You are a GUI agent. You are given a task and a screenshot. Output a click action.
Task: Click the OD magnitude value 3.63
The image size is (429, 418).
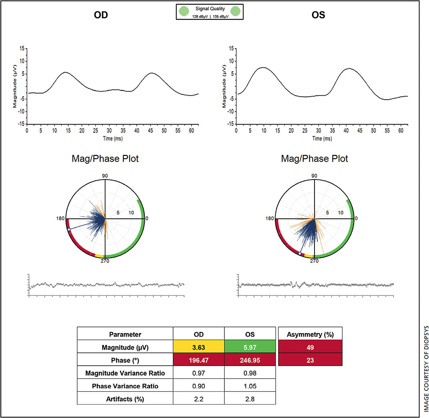[x=198, y=347]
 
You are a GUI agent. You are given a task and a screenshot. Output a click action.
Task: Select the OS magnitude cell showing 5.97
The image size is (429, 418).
[x=250, y=347]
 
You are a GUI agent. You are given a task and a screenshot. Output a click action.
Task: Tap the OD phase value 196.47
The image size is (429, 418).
[x=198, y=361]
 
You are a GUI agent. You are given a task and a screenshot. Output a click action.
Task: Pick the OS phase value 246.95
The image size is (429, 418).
[x=250, y=361]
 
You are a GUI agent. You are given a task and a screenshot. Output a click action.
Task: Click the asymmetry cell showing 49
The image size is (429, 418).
[x=310, y=347]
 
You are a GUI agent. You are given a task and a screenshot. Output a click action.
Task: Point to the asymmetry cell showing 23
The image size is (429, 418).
[x=310, y=361]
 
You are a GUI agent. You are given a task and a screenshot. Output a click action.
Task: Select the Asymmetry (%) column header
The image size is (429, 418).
[x=310, y=334]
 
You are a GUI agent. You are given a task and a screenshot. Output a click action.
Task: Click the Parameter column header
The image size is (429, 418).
[x=125, y=334]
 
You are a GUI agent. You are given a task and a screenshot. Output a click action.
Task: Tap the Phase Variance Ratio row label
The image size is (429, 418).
[x=125, y=386]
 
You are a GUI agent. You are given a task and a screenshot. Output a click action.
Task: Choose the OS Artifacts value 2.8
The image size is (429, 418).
[x=250, y=399]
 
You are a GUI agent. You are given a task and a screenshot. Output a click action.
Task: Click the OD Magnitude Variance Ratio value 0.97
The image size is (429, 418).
[x=198, y=373]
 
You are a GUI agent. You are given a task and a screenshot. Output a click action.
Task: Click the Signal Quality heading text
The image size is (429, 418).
[x=210, y=8]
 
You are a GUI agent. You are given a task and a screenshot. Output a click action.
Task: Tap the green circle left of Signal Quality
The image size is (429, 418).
[x=184, y=11]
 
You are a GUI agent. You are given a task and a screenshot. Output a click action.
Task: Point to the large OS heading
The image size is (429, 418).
[x=318, y=16]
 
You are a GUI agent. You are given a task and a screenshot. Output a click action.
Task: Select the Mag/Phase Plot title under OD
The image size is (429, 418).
[x=105, y=159]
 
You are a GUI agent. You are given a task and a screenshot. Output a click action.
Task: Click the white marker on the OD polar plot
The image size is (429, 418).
[x=69, y=230]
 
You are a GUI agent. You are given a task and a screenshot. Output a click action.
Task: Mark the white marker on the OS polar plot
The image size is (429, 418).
[x=300, y=253]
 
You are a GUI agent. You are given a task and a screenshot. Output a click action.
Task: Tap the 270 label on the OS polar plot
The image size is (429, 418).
[x=314, y=261]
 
